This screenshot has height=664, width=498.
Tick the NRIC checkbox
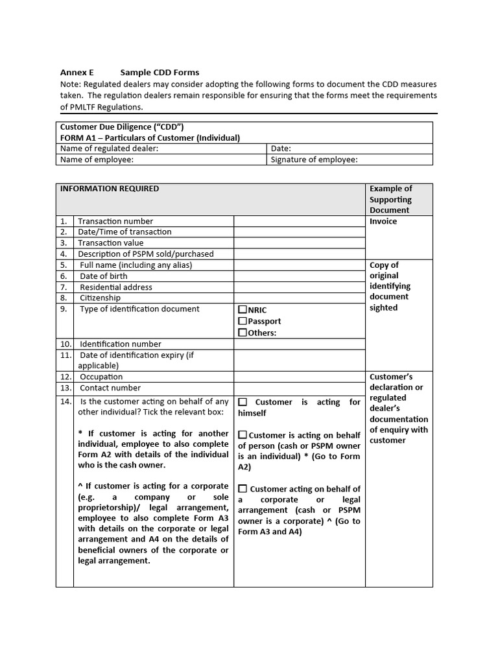pos(243,310)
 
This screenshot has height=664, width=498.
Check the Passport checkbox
pos(243,321)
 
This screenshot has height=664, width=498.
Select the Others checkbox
pos(243,333)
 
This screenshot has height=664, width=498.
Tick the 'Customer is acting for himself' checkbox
pos(243,402)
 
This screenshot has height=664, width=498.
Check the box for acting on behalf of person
pos(243,435)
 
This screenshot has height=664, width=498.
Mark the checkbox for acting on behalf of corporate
pos(243,489)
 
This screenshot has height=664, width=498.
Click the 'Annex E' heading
pos(77,73)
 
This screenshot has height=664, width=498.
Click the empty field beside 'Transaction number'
pos(299,221)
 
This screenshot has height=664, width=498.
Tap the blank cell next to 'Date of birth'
pos(299,276)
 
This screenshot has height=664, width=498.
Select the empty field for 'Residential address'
pos(299,287)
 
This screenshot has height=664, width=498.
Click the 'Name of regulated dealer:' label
pos(109,148)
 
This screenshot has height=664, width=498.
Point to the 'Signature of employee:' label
pos(314,160)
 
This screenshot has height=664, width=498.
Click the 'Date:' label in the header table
pos(281,148)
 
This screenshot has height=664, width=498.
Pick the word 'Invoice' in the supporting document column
pos(383,221)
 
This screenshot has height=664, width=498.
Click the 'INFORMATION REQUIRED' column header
pos(109,189)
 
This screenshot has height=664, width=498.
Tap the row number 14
pos(65,401)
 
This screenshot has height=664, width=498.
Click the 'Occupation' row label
pos(101,377)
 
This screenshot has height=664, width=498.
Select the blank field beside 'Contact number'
pos(299,388)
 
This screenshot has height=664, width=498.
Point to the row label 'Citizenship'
pos(100,298)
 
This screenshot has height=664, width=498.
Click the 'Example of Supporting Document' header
pos(390,199)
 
